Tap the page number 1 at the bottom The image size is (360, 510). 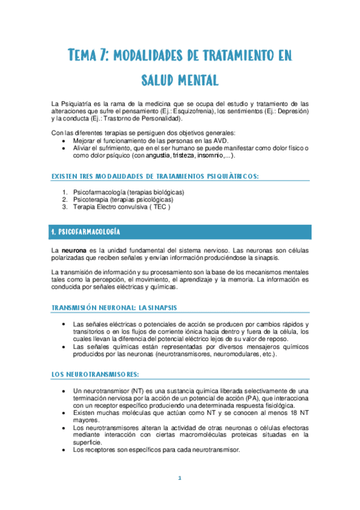(180, 478)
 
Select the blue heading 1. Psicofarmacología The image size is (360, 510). (86, 232)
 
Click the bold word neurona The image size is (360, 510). (78, 250)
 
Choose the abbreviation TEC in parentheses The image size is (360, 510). (160, 207)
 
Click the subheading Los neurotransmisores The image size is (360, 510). (95, 373)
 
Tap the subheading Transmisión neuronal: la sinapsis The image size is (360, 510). (114, 308)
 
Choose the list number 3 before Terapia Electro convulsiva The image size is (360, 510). (65, 207)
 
